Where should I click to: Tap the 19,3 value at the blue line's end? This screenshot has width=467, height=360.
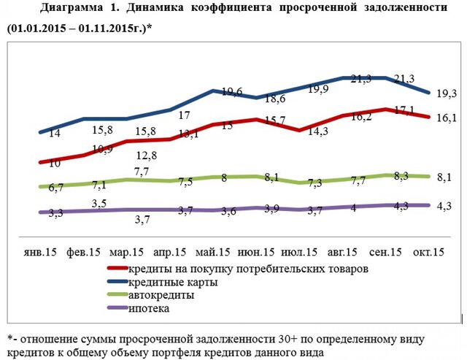click(x=446, y=92)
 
